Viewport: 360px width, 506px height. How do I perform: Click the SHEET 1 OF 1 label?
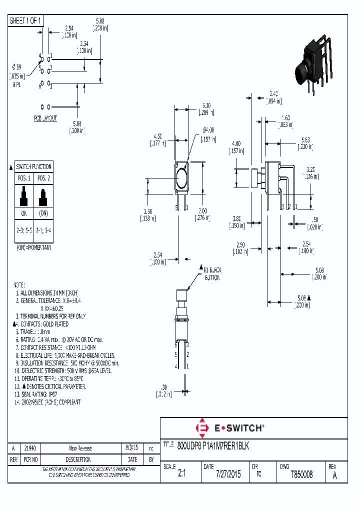[26, 20]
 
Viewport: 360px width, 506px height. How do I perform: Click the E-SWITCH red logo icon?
[203, 428]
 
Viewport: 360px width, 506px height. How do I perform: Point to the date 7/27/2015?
[228, 474]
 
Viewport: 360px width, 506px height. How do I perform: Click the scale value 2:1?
[181, 474]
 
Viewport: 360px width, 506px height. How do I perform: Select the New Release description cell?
[80, 448]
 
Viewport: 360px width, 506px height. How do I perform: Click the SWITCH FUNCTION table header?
[33, 166]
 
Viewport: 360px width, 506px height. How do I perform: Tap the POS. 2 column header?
[43, 178]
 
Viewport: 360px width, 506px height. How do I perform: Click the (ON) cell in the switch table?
[43, 213]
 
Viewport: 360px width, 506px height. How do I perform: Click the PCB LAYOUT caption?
[45, 118]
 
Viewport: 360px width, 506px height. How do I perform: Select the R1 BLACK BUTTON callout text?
[212, 273]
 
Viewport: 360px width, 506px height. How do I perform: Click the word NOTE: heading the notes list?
[18, 284]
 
